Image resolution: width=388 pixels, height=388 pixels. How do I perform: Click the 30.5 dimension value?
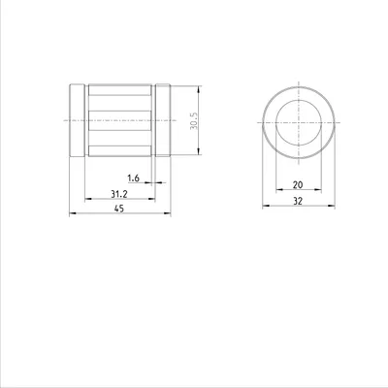click(x=194, y=120)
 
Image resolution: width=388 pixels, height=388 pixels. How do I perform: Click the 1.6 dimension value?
click(x=133, y=178)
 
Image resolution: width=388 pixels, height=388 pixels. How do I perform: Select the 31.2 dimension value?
click(x=119, y=194)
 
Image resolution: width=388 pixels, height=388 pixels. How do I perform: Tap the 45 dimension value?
click(x=119, y=209)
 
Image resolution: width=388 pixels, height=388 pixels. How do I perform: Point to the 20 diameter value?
click(x=298, y=185)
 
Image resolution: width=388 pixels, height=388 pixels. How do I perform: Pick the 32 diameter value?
click(x=298, y=201)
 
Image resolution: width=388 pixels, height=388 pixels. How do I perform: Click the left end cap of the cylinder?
click(x=78, y=120)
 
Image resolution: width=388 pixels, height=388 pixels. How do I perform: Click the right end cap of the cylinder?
click(x=163, y=120)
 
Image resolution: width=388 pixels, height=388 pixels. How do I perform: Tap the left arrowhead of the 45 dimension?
click(x=73, y=213)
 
